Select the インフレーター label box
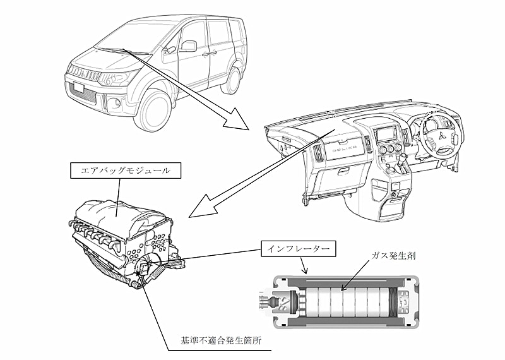pos(296,248)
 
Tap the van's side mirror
pos(188,46)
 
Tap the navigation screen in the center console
pos(384,135)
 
